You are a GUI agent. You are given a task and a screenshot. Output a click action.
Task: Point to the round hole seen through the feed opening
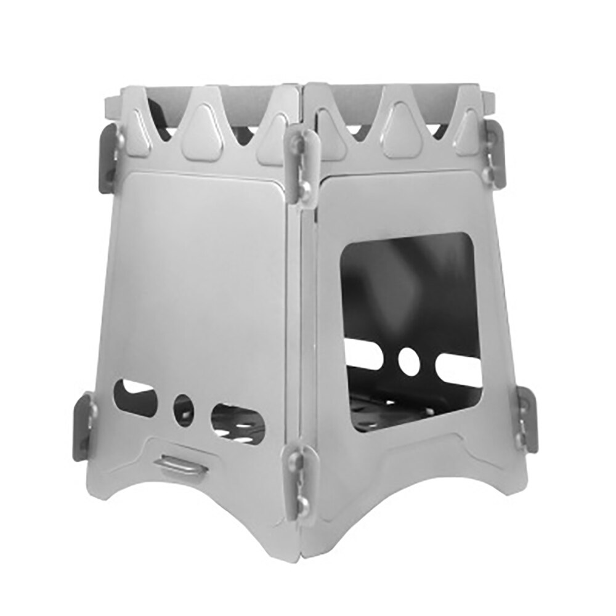(409, 361)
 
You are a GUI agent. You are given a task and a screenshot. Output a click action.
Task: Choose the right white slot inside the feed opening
(459, 369)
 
